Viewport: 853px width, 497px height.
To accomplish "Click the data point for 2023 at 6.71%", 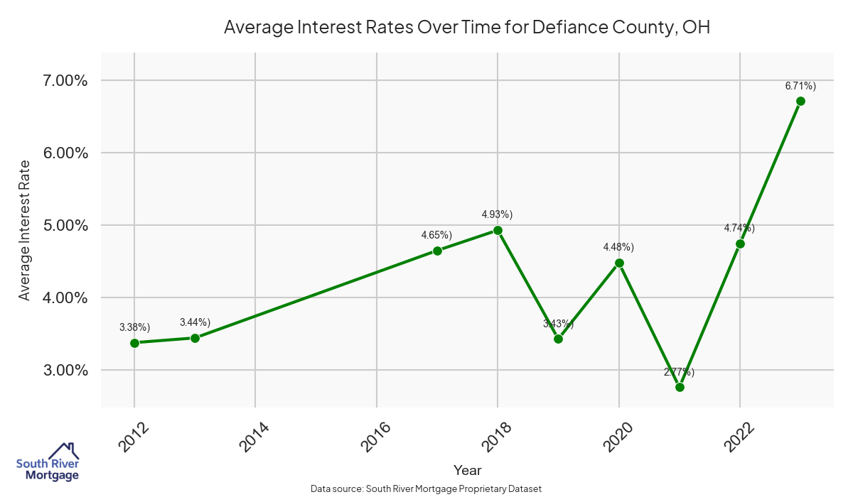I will click(800, 101).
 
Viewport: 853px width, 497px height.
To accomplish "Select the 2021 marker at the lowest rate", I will click(680, 387).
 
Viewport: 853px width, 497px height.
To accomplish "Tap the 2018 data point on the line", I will click(498, 230).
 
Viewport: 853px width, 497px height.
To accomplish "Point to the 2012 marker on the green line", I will click(134, 343).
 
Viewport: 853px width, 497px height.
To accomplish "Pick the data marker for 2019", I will click(558, 339).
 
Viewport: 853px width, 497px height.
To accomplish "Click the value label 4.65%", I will click(436, 234).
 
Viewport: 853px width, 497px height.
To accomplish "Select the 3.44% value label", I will click(195, 322).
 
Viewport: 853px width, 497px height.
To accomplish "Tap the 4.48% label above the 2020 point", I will click(618, 246).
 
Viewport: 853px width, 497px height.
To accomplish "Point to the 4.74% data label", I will click(739, 228).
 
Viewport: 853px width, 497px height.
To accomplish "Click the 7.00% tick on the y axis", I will click(62, 80).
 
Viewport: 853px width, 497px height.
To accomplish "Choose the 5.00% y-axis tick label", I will click(62, 225).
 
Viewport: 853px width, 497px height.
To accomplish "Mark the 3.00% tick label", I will click(62, 370).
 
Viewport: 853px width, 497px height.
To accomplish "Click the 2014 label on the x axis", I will click(254, 436).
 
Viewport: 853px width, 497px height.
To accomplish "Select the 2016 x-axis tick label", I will click(375, 436).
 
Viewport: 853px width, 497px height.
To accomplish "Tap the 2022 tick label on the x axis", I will click(739, 436).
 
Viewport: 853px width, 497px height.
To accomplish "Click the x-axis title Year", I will click(467, 470).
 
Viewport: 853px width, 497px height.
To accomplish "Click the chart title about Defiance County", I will click(467, 28).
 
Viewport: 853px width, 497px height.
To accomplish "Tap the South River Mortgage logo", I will click(48, 461).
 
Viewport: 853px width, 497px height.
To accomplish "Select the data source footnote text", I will click(426, 488).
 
